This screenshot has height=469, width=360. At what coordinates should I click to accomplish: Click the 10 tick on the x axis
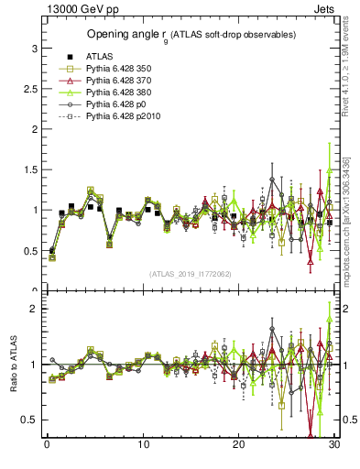[143, 445]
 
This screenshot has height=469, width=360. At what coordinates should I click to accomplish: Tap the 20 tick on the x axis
[238, 445]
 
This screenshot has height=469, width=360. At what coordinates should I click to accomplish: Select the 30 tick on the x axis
[334, 445]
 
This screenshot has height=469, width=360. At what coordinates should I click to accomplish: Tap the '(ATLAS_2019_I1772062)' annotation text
[190, 273]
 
